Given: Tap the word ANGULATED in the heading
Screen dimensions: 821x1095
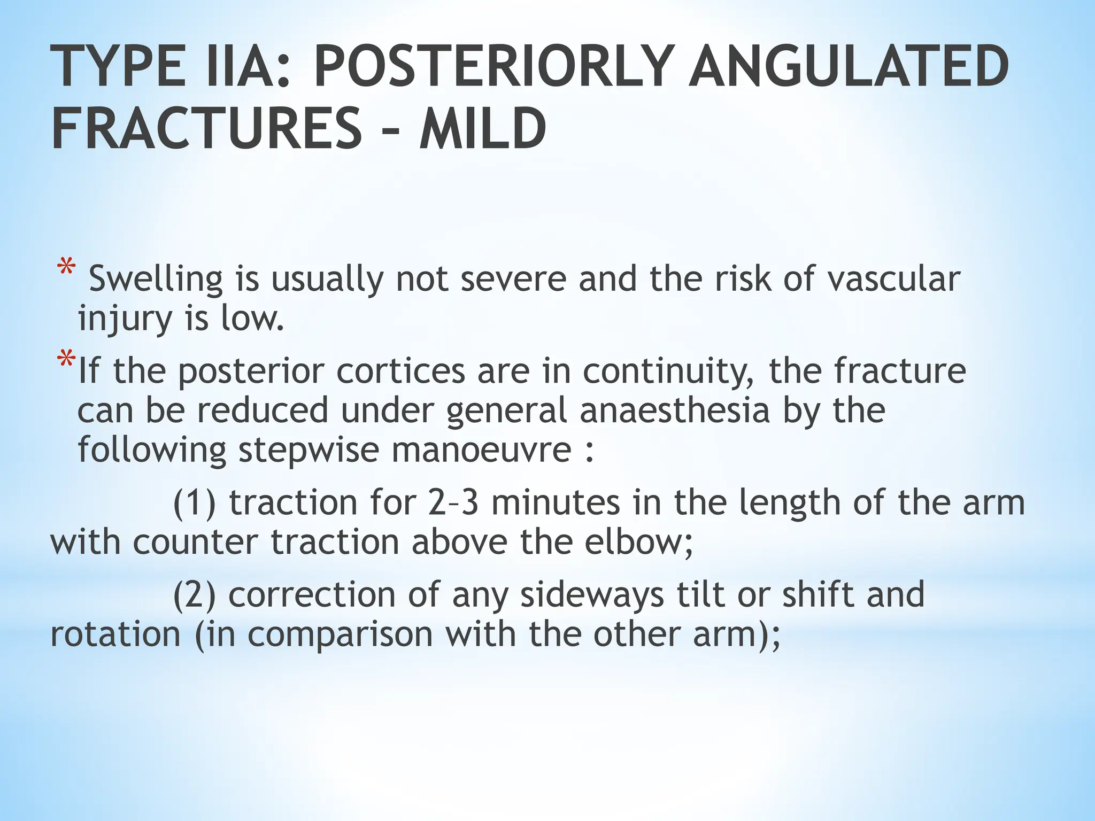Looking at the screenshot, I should point(848,66).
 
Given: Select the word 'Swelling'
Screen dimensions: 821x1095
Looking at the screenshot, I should point(155,280).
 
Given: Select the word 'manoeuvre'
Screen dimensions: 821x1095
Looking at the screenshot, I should point(481,450).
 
